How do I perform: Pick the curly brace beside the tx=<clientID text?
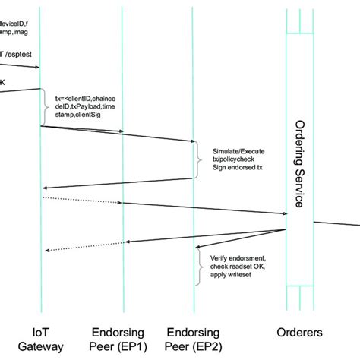(46, 107)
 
